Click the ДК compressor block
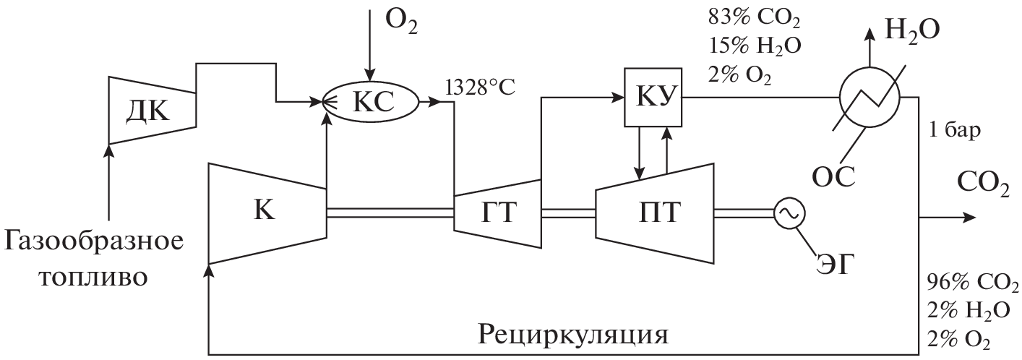point(152,110)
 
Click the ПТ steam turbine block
point(654,213)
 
